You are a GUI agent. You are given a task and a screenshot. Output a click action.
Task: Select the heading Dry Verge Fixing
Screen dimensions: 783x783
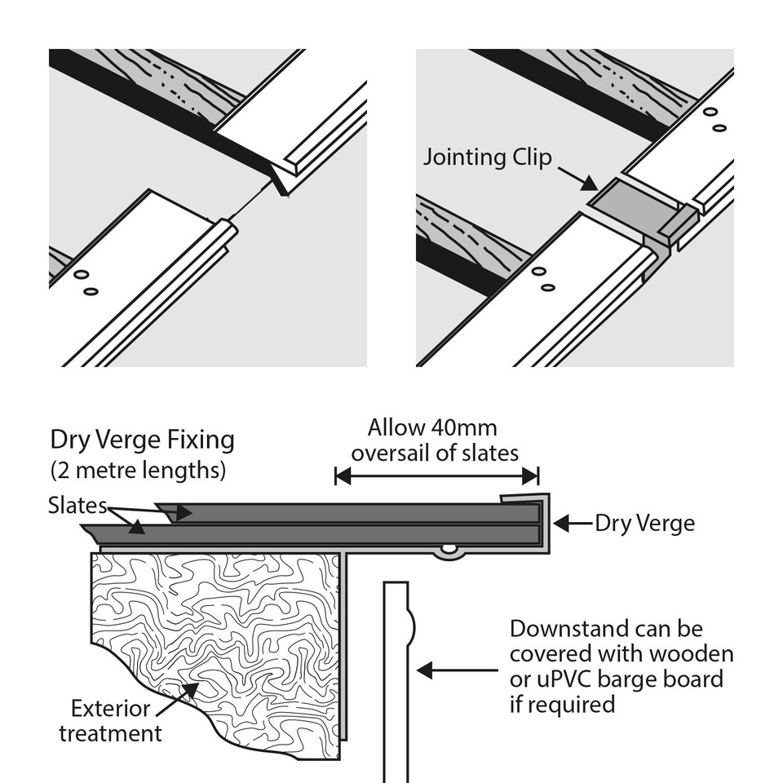pos(142,440)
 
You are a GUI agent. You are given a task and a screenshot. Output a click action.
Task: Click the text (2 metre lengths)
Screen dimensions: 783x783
pos(138,471)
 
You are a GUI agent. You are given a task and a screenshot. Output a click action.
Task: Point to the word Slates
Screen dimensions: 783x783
pos(78,506)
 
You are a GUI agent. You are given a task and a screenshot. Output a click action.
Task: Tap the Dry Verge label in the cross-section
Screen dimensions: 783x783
pos(644,523)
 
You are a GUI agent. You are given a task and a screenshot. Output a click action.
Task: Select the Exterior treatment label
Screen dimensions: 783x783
pos(110,720)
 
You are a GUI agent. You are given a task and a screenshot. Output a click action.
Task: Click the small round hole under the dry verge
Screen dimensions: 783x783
pos(448,549)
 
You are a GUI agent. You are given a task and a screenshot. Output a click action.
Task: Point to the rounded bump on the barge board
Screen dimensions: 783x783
pos(411,628)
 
